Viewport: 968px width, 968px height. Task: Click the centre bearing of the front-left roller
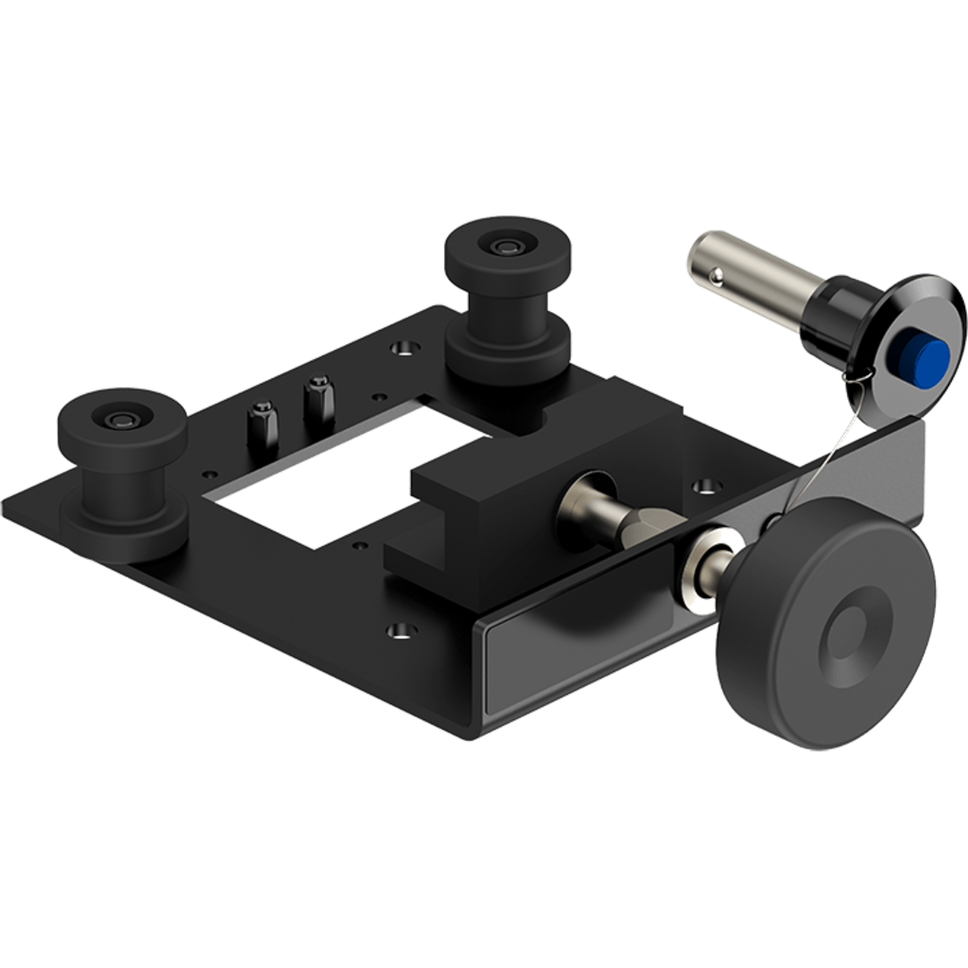(x=121, y=419)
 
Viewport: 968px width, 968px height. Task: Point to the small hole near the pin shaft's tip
(x=717, y=275)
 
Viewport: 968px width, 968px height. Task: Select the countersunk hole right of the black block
(x=704, y=486)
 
